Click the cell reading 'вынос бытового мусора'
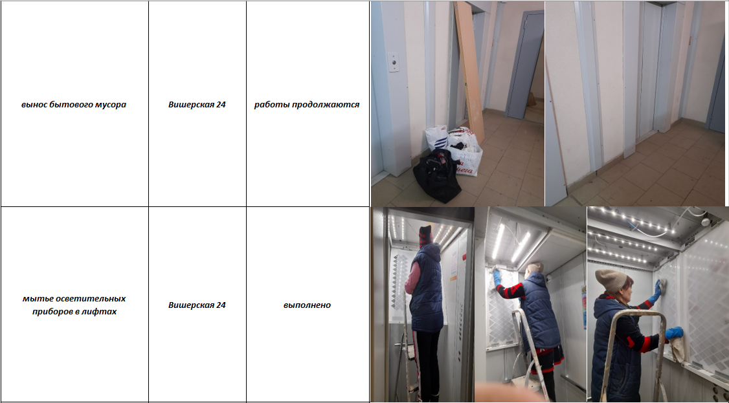coord(74,104)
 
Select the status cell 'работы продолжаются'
coord(307,104)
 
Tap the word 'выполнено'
coord(307,305)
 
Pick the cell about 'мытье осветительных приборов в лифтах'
coord(74,305)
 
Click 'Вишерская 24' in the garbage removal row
coord(197,104)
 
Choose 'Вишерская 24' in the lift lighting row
coord(197,305)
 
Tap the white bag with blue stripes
coord(436,138)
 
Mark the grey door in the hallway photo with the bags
coord(525,65)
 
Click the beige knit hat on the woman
coord(611,280)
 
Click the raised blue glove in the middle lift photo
coord(497,277)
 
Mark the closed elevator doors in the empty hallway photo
coord(649,70)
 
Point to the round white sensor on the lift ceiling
coord(705,221)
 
